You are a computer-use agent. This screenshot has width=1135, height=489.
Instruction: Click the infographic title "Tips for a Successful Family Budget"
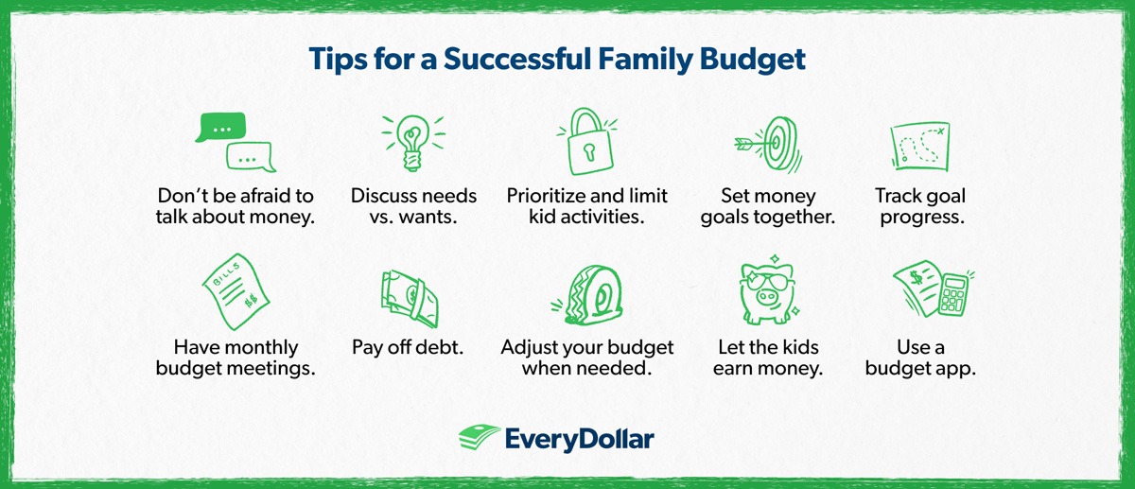coord(557,60)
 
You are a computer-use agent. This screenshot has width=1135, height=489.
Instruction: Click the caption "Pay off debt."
coord(408,347)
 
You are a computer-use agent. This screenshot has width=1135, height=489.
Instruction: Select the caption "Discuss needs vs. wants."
coord(413,206)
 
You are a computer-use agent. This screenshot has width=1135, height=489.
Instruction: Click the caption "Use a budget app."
coord(919,358)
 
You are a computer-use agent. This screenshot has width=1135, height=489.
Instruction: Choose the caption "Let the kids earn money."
coord(767,358)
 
